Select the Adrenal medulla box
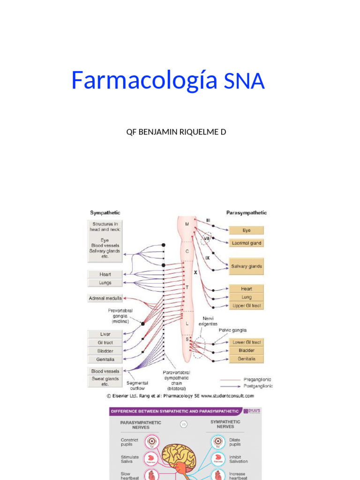(x=105, y=298)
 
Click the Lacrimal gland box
(x=246, y=243)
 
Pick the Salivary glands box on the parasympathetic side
(x=246, y=266)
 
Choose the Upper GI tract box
(x=246, y=306)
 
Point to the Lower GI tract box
(x=246, y=342)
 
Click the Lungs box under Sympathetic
(x=105, y=283)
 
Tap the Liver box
(x=105, y=334)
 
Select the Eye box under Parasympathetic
(x=246, y=231)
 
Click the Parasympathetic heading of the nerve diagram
(x=247, y=213)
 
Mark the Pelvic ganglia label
(x=232, y=330)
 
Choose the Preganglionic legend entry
(x=257, y=380)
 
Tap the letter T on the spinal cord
(x=187, y=287)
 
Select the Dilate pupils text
(x=235, y=442)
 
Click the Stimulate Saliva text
(x=129, y=459)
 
